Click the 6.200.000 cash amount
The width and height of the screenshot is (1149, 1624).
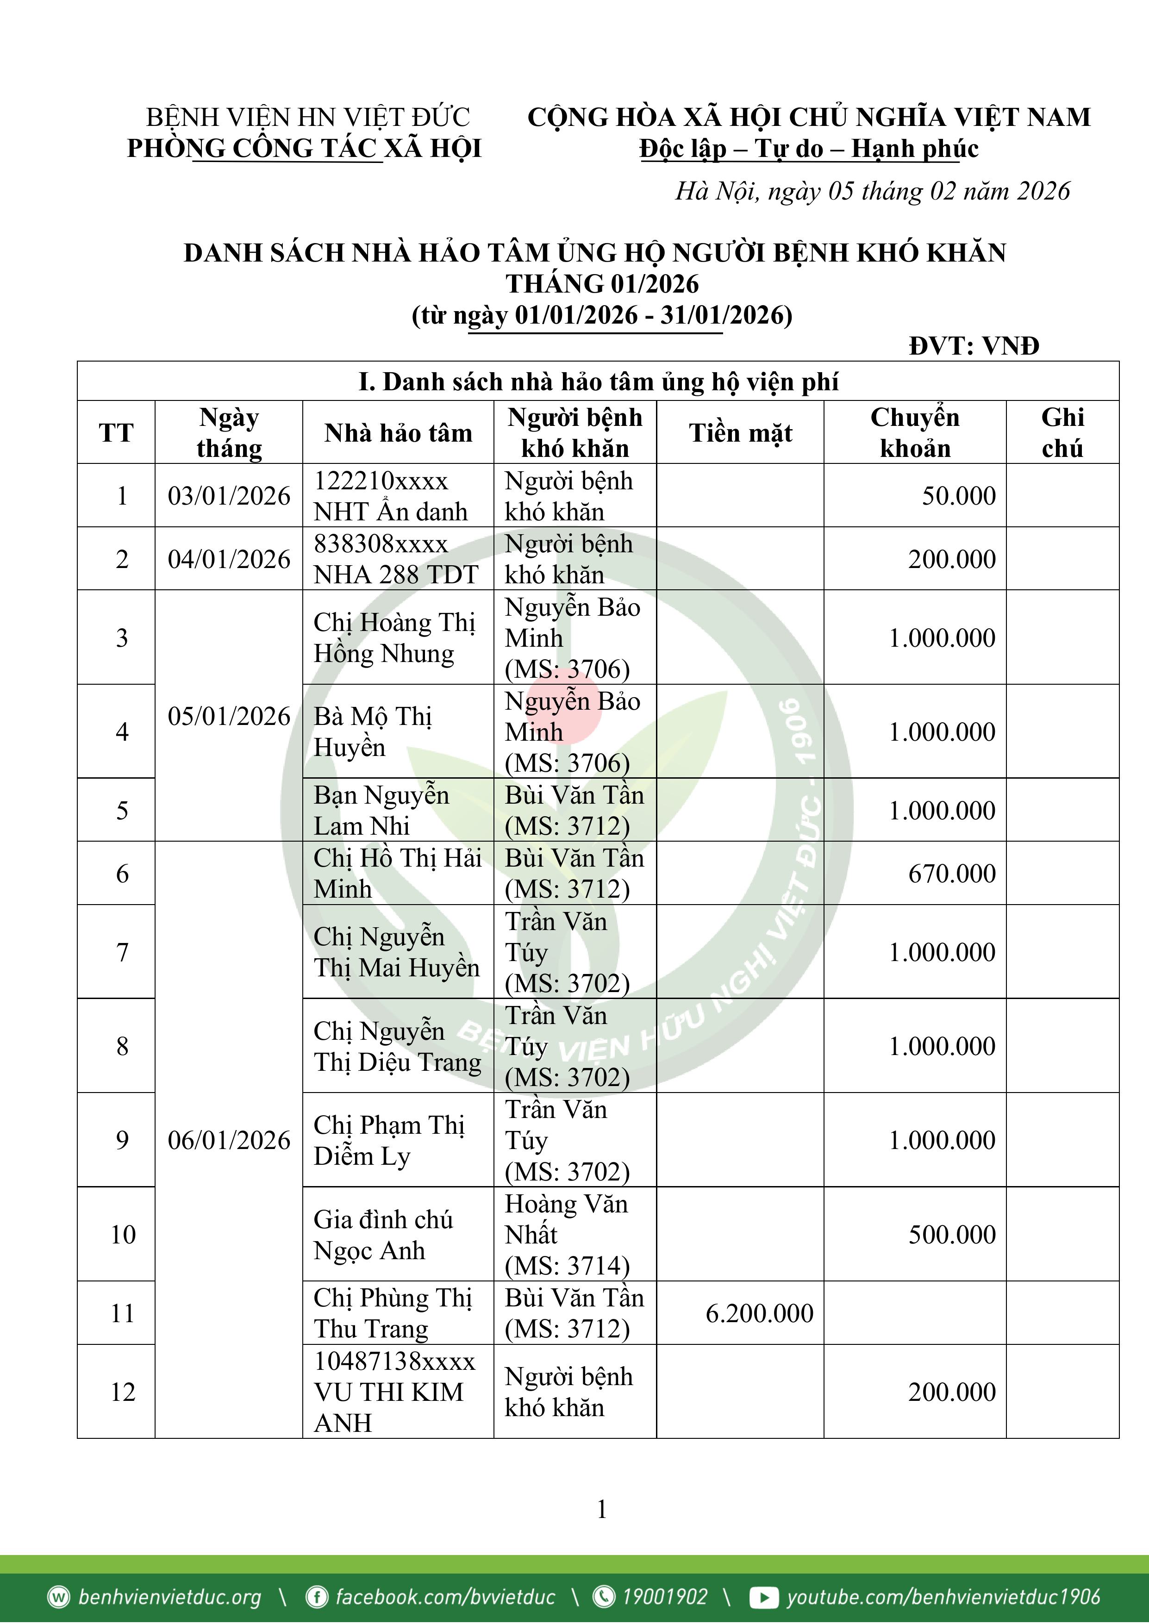pos(759,1313)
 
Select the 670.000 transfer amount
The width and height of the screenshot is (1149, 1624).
pos(952,874)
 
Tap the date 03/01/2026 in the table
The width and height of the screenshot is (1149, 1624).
pos(229,496)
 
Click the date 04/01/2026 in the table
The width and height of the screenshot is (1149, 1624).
pos(229,559)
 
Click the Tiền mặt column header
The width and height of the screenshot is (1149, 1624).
pos(740,433)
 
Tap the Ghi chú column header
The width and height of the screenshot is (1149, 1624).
pos(1062,433)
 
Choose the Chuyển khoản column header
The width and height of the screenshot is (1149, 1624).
pos(915,433)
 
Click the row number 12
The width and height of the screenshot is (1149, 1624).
pos(122,1392)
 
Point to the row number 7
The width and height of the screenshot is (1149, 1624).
pos(122,952)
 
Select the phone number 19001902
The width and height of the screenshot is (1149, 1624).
pos(664,1596)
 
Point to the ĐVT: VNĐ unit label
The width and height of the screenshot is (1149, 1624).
pos(974,346)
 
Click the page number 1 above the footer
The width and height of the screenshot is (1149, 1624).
pos(601,1509)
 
